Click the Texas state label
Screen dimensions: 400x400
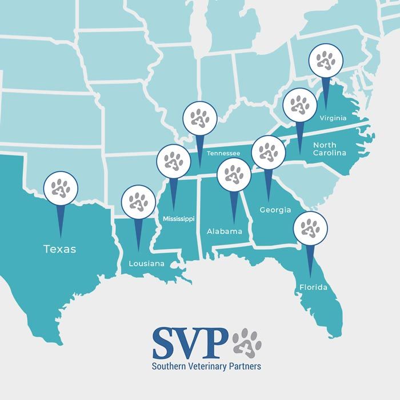click(x=60, y=249)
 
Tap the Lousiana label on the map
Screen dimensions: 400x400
click(x=146, y=263)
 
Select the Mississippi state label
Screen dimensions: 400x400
click(x=178, y=219)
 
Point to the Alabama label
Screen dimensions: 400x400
click(x=225, y=231)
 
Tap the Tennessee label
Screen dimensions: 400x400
click(x=223, y=153)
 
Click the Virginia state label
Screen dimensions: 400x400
click(x=333, y=118)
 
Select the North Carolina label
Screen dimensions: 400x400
click(x=329, y=149)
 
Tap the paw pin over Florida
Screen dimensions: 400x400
click(x=310, y=227)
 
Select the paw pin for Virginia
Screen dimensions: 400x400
click(x=326, y=59)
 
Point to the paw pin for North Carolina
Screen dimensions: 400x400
click(x=299, y=105)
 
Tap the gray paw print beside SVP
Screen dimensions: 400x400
click(x=247, y=342)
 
